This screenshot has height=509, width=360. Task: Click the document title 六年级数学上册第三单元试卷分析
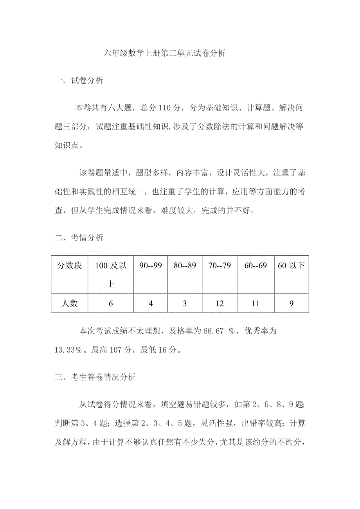click(x=165, y=54)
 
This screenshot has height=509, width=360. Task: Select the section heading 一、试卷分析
click(x=79, y=81)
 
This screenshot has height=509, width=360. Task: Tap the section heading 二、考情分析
click(x=79, y=237)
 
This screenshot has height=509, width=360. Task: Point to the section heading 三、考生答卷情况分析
click(x=95, y=377)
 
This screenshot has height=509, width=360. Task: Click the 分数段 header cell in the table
click(x=70, y=266)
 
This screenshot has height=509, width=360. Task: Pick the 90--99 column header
click(x=151, y=266)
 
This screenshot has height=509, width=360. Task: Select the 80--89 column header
click(x=185, y=266)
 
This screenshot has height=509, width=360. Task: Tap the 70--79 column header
click(x=220, y=266)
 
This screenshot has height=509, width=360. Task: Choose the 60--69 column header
click(x=256, y=266)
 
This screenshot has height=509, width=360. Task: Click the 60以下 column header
click(x=291, y=266)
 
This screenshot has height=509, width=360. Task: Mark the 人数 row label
click(x=70, y=303)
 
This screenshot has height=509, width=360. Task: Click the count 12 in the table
click(x=220, y=303)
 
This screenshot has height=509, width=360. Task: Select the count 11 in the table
click(x=256, y=303)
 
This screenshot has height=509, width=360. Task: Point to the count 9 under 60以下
click(x=291, y=303)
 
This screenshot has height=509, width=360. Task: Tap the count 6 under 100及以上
click(x=111, y=303)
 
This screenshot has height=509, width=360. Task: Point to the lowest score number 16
click(x=163, y=350)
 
